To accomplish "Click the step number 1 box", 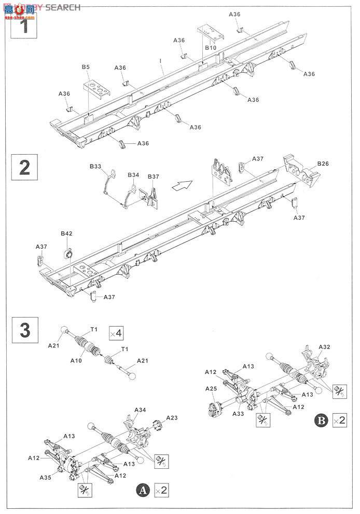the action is (23, 25).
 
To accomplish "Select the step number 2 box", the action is (24, 167).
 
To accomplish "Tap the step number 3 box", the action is (25, 330).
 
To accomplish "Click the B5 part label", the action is (86, 67).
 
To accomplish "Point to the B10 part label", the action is (211, 48).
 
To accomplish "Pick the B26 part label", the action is (323, 164).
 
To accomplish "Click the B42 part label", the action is (66, 234).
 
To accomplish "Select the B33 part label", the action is (95, 167).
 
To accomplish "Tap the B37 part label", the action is (154, 177).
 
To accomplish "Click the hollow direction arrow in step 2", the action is (181, 186).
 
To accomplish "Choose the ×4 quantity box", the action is (116, 333).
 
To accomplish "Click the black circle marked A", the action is (143, 491).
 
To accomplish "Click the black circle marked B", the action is (321, 421).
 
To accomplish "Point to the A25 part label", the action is (211, 389).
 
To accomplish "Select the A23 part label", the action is (172, 417).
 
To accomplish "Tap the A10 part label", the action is (76, 361).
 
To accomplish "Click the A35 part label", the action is (45, 478).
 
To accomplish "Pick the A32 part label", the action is (324, 347).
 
